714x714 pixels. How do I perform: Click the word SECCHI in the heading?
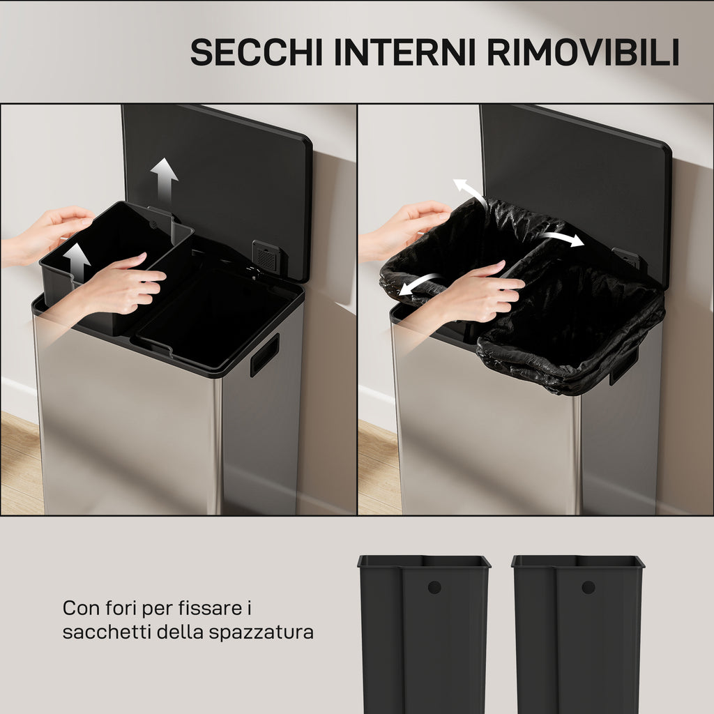257,52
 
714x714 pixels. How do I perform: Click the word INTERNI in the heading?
405,52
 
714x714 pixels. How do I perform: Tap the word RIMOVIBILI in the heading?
584,52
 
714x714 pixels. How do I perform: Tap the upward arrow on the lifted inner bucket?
77,262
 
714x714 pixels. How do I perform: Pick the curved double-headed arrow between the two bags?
562,238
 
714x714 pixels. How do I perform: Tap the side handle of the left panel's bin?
264,356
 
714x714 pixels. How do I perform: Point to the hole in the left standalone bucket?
434,587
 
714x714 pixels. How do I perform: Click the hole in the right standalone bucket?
588,587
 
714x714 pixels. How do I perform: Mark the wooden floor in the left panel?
20,464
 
